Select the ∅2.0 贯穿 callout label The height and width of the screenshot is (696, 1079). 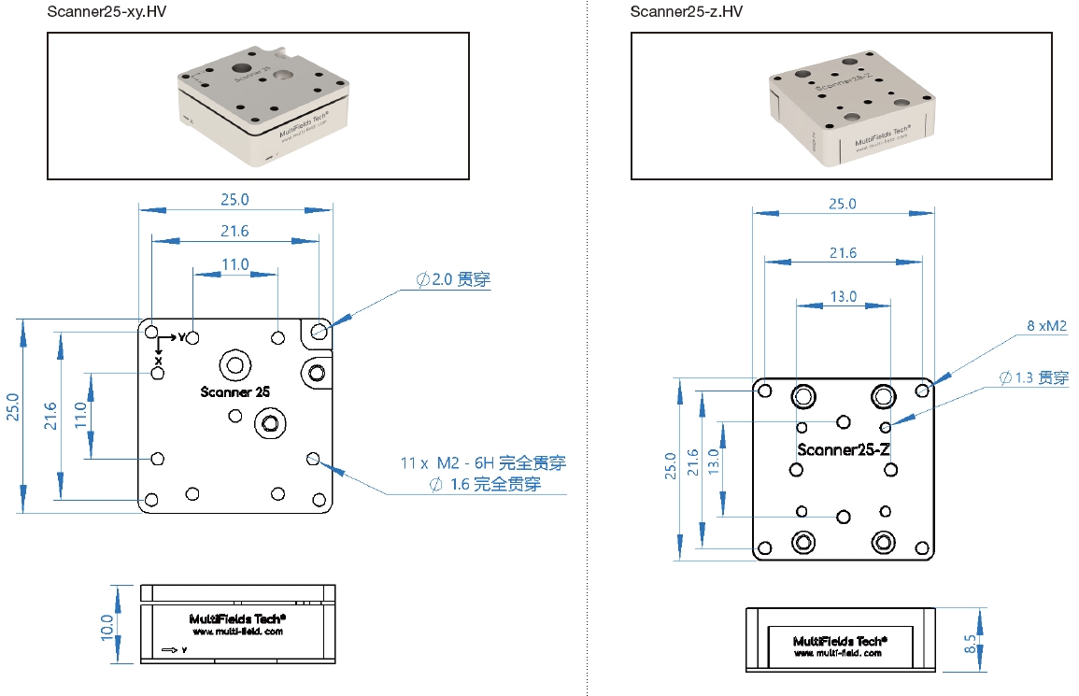tap(453, 279)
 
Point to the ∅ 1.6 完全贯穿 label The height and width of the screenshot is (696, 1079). tap(485, 485)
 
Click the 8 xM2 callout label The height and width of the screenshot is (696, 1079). tap(1046, 326)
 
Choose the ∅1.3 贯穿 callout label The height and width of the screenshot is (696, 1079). tap(1033, 377)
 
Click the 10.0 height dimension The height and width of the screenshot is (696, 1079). tap(106, 624)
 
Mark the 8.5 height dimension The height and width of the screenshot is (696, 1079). tap(972, 644)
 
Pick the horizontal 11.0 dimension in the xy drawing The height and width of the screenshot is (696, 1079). tap(234, 264)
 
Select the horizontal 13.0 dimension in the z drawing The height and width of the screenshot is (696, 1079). tap(843, 296)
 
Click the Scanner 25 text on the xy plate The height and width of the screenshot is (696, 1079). tap(234, 392)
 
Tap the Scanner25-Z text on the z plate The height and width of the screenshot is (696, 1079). tap(844, 449)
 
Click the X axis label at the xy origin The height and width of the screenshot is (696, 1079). tap(159, 360)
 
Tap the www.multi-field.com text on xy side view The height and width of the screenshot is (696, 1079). tap(237, 632)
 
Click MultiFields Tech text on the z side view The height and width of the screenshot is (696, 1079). tap(839, 641)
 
